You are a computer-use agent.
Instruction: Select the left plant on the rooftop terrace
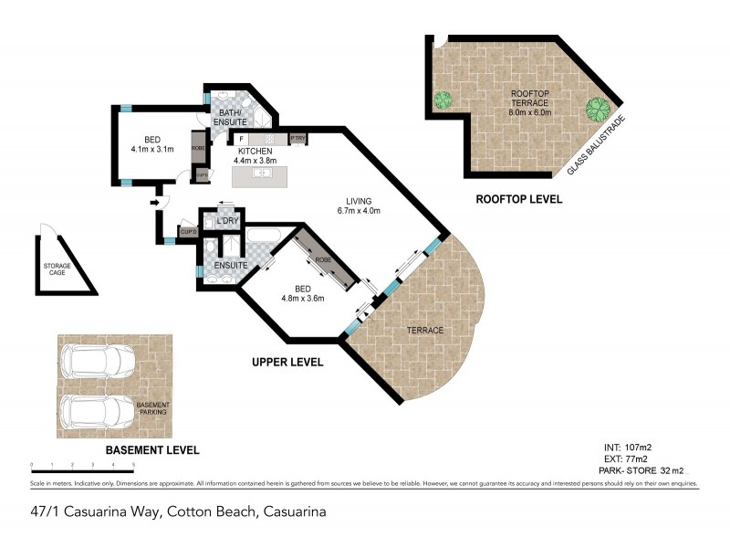(443, 98)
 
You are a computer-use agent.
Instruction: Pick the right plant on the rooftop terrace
(597, 110)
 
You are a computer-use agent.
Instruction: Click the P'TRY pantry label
(297, 139)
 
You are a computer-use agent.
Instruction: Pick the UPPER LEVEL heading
(287, 363)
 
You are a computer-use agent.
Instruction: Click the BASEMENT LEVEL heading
(151, 450)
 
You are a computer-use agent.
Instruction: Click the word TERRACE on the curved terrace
(425, 331)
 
